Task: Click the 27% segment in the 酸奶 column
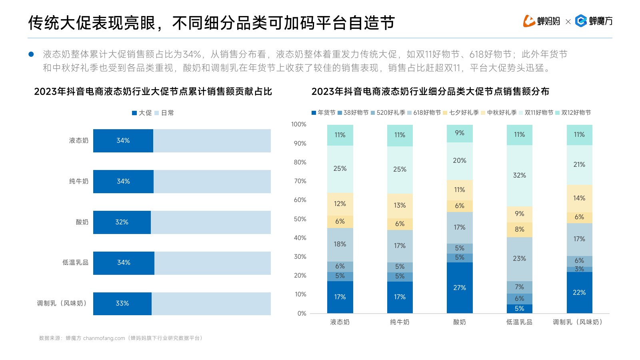460,288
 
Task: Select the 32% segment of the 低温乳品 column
519,176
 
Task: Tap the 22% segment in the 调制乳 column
579,292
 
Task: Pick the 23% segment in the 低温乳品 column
519,259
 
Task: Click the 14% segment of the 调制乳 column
579,198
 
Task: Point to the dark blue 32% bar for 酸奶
122,222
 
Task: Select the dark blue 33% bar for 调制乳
122,304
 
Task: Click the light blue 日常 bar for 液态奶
212,141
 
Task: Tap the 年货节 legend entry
324,113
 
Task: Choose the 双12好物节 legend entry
573,113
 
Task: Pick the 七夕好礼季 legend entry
461,113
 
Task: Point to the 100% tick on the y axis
299,124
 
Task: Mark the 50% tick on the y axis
300,219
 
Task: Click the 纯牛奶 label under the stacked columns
400,322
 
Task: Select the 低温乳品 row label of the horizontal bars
75,263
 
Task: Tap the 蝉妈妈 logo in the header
542,21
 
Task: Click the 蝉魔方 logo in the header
594,21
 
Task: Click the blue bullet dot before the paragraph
31,54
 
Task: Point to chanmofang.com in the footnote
104,338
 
